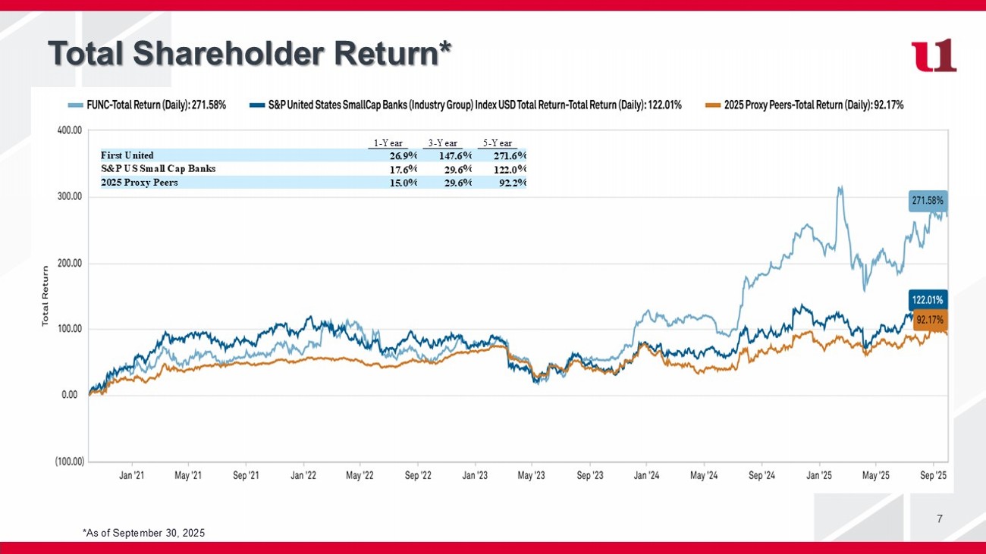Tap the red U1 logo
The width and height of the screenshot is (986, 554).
[934, 55]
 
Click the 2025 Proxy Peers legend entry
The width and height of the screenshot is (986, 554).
[805, 105]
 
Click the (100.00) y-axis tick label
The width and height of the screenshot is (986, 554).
[68, 462]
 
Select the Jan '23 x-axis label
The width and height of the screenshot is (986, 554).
[475, 476]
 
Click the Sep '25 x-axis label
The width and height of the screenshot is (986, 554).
[933, 476]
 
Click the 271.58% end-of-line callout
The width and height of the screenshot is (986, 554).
[928, 202]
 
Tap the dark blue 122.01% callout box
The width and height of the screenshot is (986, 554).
[928, 299]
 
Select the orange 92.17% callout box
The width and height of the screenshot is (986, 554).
[930, 320]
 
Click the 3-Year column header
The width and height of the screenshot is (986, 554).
[443, 143]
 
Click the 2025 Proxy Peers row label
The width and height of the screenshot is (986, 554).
[140, 183]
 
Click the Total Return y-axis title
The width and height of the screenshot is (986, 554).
[46, 296]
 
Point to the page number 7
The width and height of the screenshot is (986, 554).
[940, 519]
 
